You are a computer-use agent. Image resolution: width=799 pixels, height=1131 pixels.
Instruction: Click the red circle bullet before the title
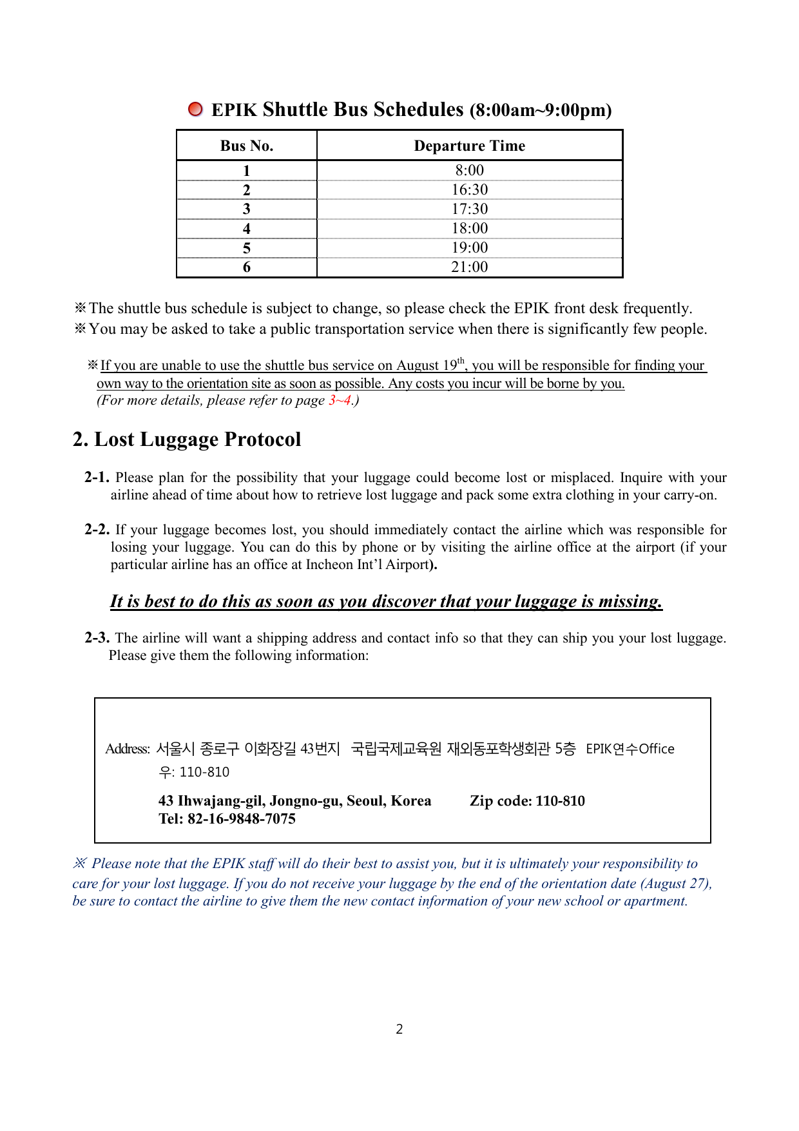tap(195, 109)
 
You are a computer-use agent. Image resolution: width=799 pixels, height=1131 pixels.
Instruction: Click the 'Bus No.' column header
tap(246, 146)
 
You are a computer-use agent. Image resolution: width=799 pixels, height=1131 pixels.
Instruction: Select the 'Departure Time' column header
tap(469, 146)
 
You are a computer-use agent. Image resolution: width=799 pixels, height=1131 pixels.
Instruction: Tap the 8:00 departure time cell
tap(469, 170)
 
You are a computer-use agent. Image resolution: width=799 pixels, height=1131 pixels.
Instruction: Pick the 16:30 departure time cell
tap(469, 189)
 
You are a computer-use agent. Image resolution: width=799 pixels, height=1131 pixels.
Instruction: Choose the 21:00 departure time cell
tap(469, 267)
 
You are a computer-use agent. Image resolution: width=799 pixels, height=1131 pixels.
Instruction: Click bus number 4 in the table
tap(246, 229)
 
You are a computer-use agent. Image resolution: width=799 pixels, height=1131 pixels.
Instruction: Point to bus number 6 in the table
tap(246, 267)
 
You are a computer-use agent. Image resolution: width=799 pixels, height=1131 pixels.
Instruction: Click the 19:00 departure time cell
tap(469, 247)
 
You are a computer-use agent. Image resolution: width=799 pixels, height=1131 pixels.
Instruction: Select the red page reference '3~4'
tap(340, 400)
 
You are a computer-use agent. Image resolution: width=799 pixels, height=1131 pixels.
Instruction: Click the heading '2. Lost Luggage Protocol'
tap(186, 440)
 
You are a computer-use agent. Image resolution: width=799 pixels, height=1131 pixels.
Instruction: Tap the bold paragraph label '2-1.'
tap(97, 478)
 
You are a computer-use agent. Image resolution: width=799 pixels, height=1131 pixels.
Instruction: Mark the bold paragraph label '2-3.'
tap(97, 638)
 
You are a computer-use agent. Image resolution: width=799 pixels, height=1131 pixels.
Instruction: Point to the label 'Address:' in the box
tap(128, 749)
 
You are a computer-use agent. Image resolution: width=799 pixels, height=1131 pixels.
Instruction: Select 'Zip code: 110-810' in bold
tap(527, 801)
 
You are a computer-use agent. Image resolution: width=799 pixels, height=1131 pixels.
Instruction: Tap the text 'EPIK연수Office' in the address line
tap(630, 749)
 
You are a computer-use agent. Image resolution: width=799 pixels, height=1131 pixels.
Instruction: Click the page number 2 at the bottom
tap(400, 1029)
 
